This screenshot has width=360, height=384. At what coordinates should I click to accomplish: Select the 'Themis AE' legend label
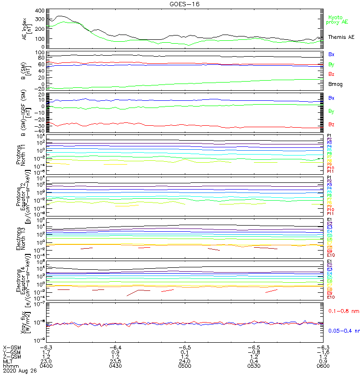click(x=341, y=37)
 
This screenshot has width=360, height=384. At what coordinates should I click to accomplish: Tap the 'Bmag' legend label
click(x=335, y=84)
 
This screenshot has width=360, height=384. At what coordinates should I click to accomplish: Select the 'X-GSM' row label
click(x=12, y=347)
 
